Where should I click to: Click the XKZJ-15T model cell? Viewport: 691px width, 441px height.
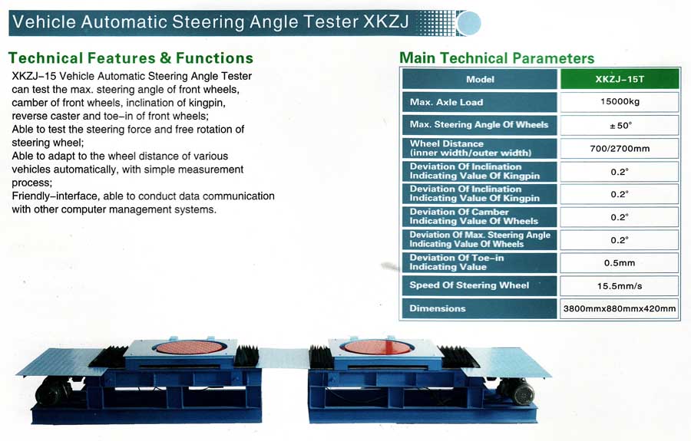click(x=620, y=79)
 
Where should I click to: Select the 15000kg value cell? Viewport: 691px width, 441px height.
click(x=620, y=102)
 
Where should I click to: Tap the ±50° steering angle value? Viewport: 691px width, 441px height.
click(x=620, y=126)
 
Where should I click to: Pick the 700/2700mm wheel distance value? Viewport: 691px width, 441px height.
click(x=620, y=148)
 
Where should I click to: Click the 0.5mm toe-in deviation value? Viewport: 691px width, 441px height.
click(x=620, y=263)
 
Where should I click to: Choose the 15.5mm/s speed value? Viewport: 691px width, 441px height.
click(x=620, y=286)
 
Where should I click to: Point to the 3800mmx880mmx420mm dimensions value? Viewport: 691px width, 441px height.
click(x=620, y=308)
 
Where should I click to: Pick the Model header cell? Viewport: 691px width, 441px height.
click(x=480, y=79)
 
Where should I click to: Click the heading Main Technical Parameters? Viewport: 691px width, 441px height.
click(x=497, y=58)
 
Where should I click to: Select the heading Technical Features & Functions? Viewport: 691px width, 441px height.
click(x=131, y=58)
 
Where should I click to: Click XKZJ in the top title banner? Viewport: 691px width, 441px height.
click(x=386, y=21)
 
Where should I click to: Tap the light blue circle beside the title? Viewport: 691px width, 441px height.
click(x=469, y=23)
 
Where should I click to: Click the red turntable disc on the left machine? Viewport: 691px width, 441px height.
click(x=189, y=347)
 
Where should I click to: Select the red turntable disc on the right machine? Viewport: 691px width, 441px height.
click(x=377, y=347)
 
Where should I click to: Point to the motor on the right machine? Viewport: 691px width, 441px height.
click(x=517, y=391)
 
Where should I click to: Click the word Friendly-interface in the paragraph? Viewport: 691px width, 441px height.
click(x=55, y=196)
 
